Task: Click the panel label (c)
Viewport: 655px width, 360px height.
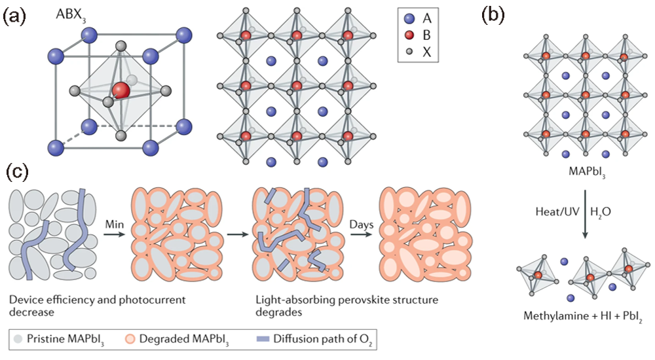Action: click(18, 173)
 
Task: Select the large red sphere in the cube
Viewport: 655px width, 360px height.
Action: click(120, 90)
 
